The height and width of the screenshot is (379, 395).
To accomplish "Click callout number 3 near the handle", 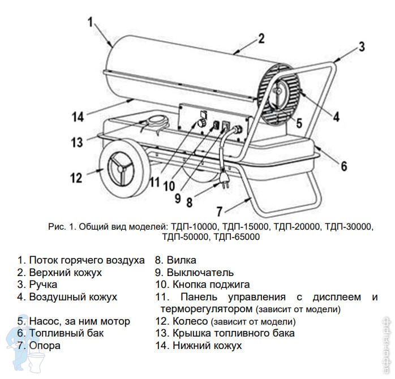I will click(x=362, y=46).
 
